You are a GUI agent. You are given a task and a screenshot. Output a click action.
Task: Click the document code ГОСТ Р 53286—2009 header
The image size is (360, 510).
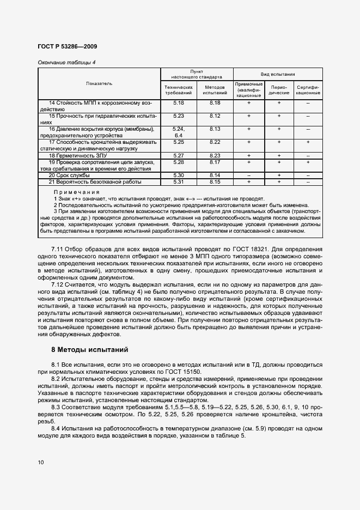68,47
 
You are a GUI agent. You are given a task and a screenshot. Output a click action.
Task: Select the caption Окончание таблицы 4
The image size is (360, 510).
66,62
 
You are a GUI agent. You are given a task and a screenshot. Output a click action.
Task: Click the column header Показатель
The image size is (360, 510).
99,83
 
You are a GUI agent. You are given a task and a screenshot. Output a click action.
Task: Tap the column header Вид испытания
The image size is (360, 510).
278,74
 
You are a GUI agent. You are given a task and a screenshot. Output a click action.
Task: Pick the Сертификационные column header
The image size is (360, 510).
308,90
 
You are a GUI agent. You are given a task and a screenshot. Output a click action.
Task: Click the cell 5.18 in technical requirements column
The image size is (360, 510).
179,102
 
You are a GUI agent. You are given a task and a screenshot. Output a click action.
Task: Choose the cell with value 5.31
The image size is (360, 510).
179,182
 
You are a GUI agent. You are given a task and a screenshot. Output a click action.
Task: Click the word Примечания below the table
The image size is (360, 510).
76,192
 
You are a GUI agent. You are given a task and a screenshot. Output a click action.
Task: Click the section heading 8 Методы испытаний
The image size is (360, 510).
89,349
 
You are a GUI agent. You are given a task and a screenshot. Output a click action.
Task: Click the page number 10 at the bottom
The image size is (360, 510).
41,462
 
